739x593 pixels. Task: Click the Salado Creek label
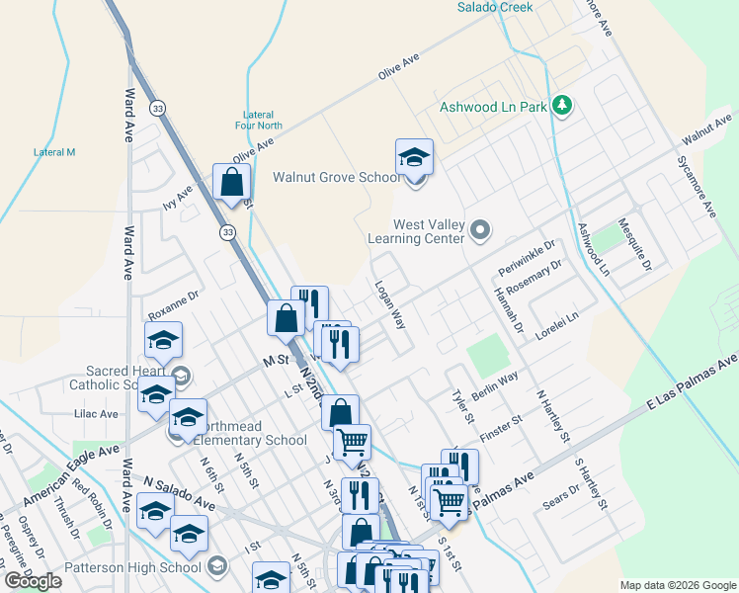pyautogui.click(x=495, y=7)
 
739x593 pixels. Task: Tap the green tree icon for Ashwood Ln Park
pyautogui.click(x=561, y=104)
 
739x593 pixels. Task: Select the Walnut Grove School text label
pyautogui.click(x=337, y=178)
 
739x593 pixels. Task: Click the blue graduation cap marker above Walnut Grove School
pyautogui.click(x=415, y=156)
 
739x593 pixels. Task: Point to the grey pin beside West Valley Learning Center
pyautogui.click(x=481, y=230)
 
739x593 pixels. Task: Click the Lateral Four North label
pyautogui.click(x=259, y=120)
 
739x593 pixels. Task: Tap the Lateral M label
pyautogui.click(x=54, y=152)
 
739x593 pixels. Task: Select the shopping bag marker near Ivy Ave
pyautogui.click(x=231, y=183)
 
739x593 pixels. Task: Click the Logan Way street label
pyautogui.click(x=390, y=303)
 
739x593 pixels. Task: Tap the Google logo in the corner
pyautogui.click(x=33, y=580)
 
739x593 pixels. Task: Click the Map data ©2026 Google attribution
pyautogui.click(x=678, y=585)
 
